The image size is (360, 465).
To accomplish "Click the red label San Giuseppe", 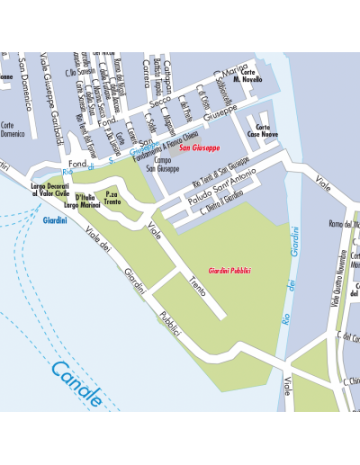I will (x=199, y=148).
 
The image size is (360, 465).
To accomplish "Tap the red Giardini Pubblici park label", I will (x=229, y=271).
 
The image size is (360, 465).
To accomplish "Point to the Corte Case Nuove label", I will (x=263, y=131).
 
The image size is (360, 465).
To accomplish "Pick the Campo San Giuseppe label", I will (x=162, y=165).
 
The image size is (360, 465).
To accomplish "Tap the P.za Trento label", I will (x=112, y=198).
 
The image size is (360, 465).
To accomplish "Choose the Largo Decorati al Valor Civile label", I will (x=50, y=190).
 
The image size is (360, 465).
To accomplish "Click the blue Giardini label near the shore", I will (x=56, y=219).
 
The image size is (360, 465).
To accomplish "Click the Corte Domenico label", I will (x=12, y=130).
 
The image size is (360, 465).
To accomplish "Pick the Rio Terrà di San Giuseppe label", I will (x=220, y=171).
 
